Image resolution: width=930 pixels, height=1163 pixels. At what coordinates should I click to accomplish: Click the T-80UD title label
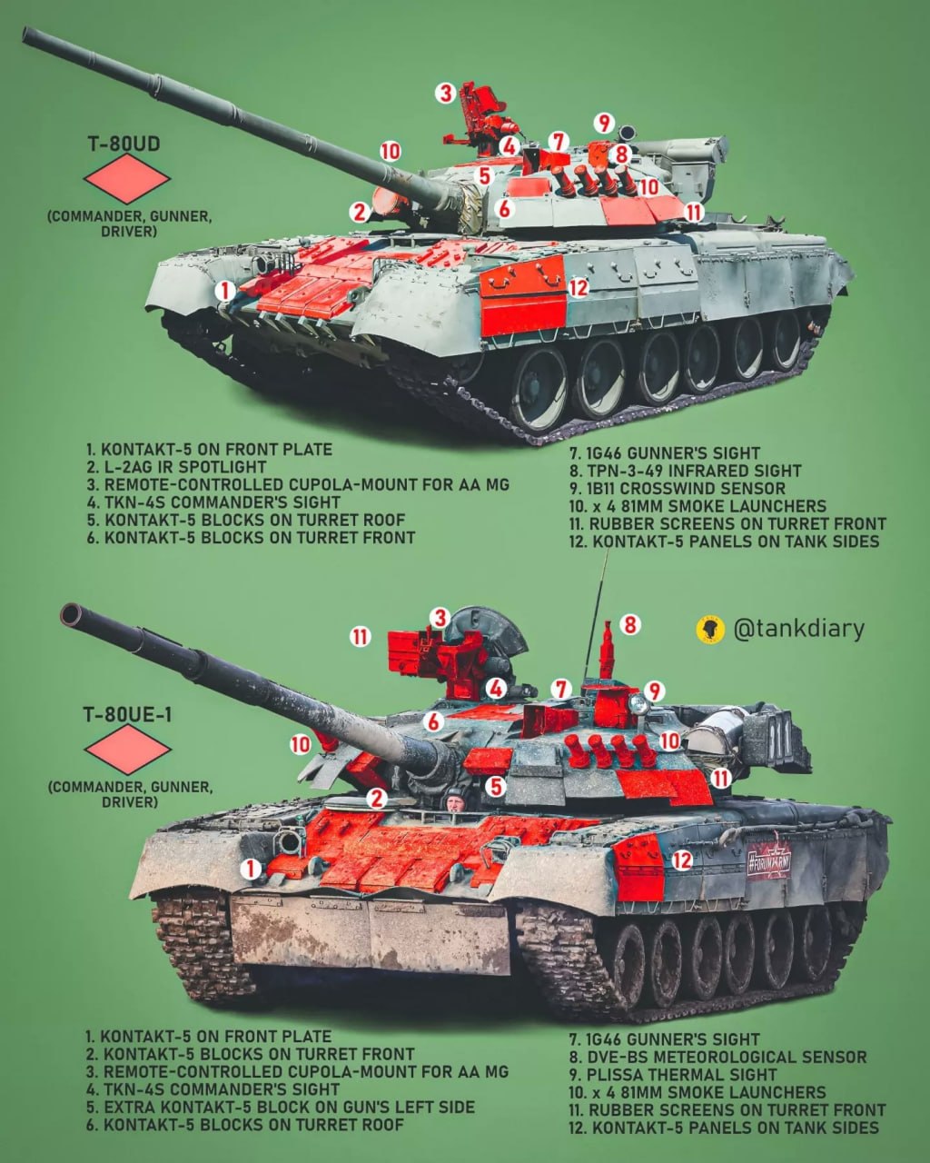point(124,144)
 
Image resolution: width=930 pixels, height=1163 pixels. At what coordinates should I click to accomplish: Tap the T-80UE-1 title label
point(127,715)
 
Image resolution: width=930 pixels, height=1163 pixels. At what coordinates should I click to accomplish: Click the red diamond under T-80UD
point(127,178)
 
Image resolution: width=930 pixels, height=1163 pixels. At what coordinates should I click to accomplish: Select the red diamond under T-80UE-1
point(128,749)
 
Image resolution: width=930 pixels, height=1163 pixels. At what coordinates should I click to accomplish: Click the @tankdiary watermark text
point(799,629)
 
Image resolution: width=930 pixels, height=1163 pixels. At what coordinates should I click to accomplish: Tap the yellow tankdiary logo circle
point(710,630)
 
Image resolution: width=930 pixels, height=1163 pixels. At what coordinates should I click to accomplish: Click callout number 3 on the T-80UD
point(446,93)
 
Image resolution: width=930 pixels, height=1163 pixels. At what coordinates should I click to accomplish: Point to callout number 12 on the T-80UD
point(579,287)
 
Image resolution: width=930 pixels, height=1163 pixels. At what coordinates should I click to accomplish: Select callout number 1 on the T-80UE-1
point(250,869)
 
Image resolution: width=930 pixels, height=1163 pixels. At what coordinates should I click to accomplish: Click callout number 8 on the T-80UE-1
point(630,625)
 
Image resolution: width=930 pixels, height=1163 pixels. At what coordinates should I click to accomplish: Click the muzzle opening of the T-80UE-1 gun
point(71,614)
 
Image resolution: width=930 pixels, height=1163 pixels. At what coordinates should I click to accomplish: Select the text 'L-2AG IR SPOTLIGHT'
point(185,467)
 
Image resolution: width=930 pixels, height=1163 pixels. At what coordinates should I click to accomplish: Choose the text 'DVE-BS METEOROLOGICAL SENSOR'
point(727,1057)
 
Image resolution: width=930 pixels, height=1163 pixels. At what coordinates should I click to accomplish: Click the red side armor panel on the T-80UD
point(522,296)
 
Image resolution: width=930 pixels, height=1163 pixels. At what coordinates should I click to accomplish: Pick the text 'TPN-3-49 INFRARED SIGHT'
point(695,471)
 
